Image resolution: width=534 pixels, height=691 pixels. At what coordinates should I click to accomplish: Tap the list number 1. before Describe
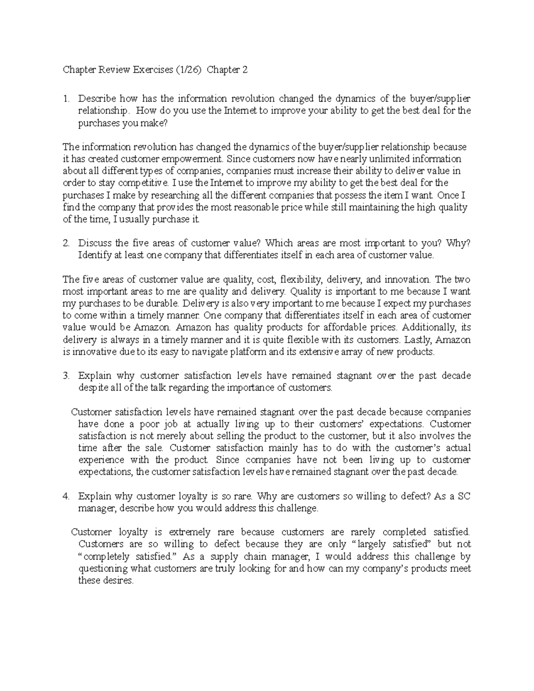click(66, 98)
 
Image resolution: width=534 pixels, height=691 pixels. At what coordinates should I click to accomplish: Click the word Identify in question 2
click(93, 255)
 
